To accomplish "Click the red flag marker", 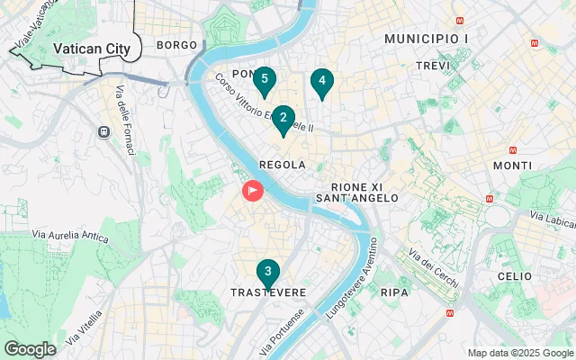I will pos(253,192).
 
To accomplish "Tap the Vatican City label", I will pos(91,49).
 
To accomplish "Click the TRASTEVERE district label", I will pos(268,293).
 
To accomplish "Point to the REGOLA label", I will pos(282,165).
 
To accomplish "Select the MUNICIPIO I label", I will pos(426,39).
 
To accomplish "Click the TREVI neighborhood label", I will pos(433,66).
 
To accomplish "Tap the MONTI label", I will pos(512,166).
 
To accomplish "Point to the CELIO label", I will pos(515,276).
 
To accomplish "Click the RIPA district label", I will pos(394,292).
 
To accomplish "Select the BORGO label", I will pos(176,44).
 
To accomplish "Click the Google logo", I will pos(30,349).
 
